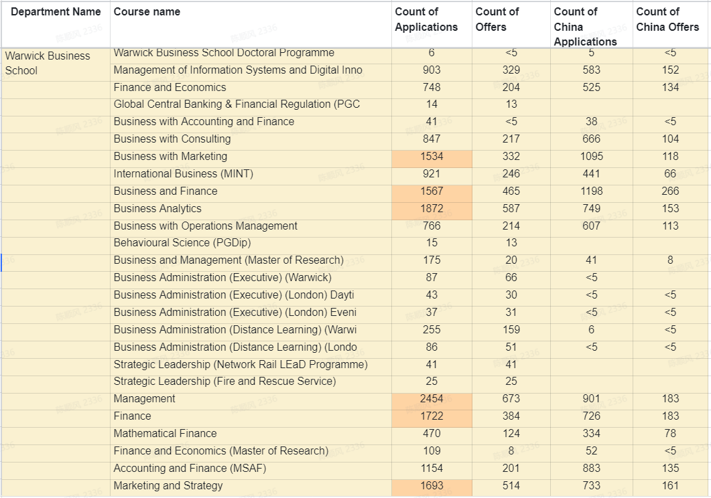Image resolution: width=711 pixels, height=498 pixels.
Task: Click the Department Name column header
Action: [x=56, y=12]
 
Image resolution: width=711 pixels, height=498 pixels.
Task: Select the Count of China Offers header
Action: [x=667, y=19]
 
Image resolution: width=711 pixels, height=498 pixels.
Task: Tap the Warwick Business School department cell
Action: [x=48, y=63]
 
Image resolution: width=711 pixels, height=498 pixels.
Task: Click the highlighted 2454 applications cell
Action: [x=432, y=399]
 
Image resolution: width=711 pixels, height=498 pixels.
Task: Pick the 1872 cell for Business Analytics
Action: [x=432, y=209]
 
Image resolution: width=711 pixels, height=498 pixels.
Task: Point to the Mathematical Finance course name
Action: [x=165, y=434]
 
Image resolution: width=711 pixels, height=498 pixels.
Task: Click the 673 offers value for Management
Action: [x=511, y=399]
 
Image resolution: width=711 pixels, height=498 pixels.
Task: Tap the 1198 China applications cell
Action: [x=591, y=191]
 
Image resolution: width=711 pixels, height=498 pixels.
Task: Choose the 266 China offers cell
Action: [x=670, y=191]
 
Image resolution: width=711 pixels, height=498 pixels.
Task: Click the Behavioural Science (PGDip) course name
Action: [x=182, y=243]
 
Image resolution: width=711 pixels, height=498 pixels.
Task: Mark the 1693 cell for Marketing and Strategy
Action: [x=432, y=486]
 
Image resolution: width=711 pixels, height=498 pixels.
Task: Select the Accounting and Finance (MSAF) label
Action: [x=190, y=469]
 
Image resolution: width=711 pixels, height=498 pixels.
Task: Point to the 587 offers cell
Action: [x=511, y=209]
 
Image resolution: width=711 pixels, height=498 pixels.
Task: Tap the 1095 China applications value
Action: [x=591, y=157]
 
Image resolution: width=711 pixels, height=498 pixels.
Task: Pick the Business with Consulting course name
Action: [x=172, y=139]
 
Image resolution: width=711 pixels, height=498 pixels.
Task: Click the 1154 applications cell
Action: [x=432, y=469]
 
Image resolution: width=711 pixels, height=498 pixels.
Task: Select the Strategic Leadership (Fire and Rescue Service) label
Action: [x=224, y=382]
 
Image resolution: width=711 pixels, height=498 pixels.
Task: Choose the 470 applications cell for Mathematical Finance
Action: [x=432, y=434]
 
